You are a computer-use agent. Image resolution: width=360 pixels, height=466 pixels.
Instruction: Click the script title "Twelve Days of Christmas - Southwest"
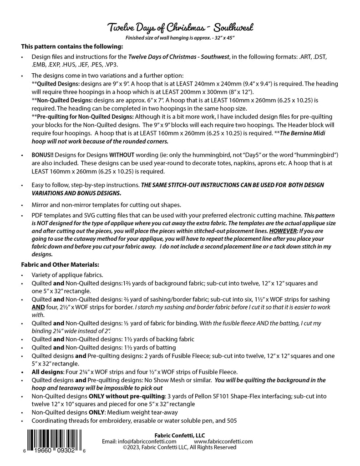click(x=180, y=28)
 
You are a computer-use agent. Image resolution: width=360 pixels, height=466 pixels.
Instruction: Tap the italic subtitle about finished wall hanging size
click(x=180, y=38)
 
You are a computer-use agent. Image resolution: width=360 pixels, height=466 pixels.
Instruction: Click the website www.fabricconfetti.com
click(x=223, y=441)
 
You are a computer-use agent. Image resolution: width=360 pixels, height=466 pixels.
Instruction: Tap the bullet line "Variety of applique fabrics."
click(x=67, y=275)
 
